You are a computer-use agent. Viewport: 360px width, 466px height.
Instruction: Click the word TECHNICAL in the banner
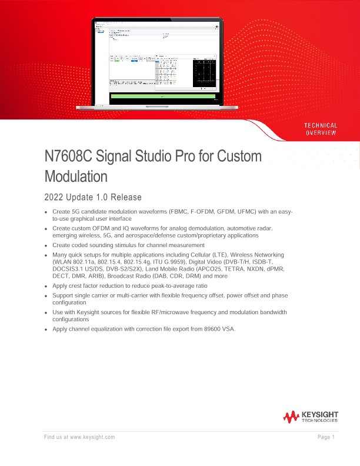(x=321, y=125)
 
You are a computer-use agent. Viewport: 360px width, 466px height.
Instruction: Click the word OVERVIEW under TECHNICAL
(x=321, y=133)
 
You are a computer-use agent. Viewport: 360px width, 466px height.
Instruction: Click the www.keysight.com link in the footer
(x=92, y=437)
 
